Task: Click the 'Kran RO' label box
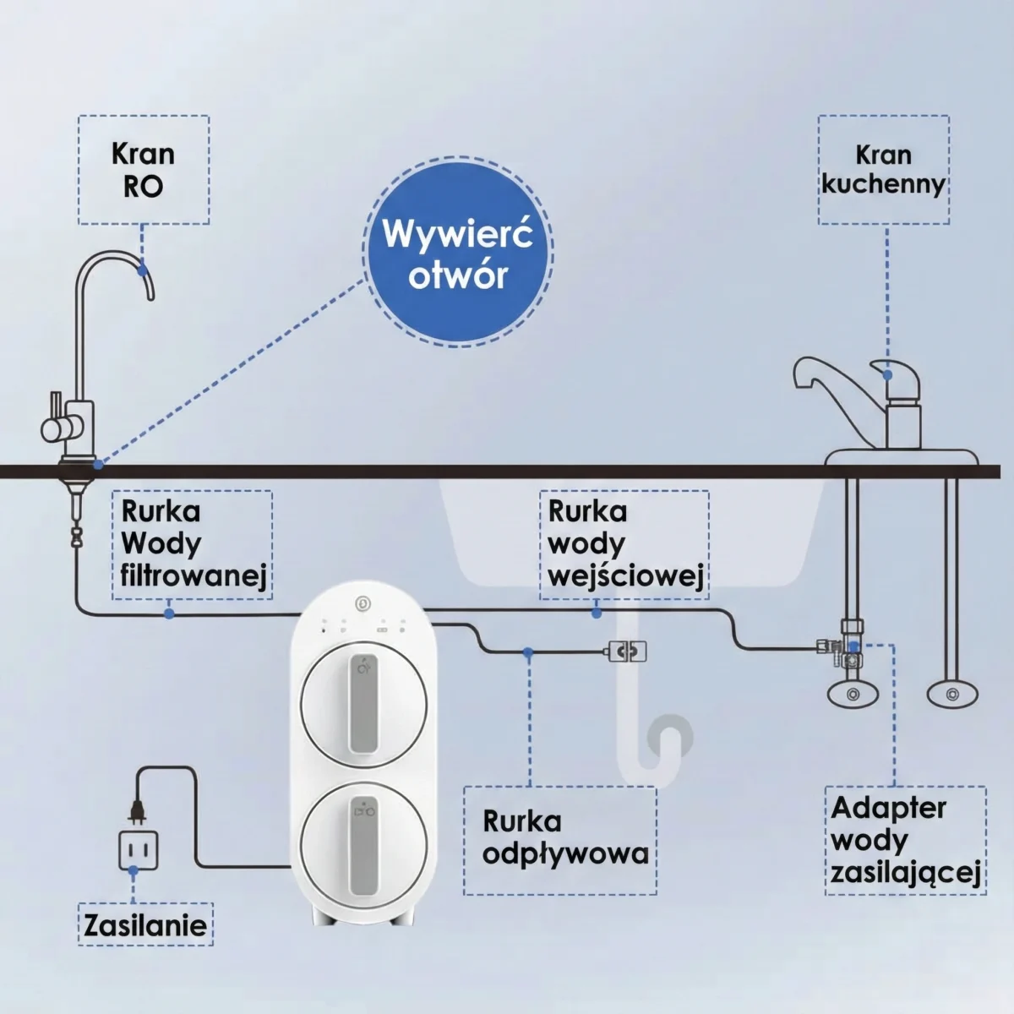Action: (144, 170)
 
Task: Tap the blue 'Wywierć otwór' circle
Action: (458, 253)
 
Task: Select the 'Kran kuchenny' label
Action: (883, 170)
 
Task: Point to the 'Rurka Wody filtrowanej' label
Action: (193, 544)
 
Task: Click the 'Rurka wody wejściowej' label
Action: (624, 544)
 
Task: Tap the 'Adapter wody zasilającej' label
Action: (905, 839)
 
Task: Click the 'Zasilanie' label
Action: (145, 924)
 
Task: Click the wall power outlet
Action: (138, 849)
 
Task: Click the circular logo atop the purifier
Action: (363, 602)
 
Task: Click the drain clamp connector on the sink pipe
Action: (626, 651)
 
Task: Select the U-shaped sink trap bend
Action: (669, 744)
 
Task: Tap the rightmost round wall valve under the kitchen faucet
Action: (952, 695)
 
